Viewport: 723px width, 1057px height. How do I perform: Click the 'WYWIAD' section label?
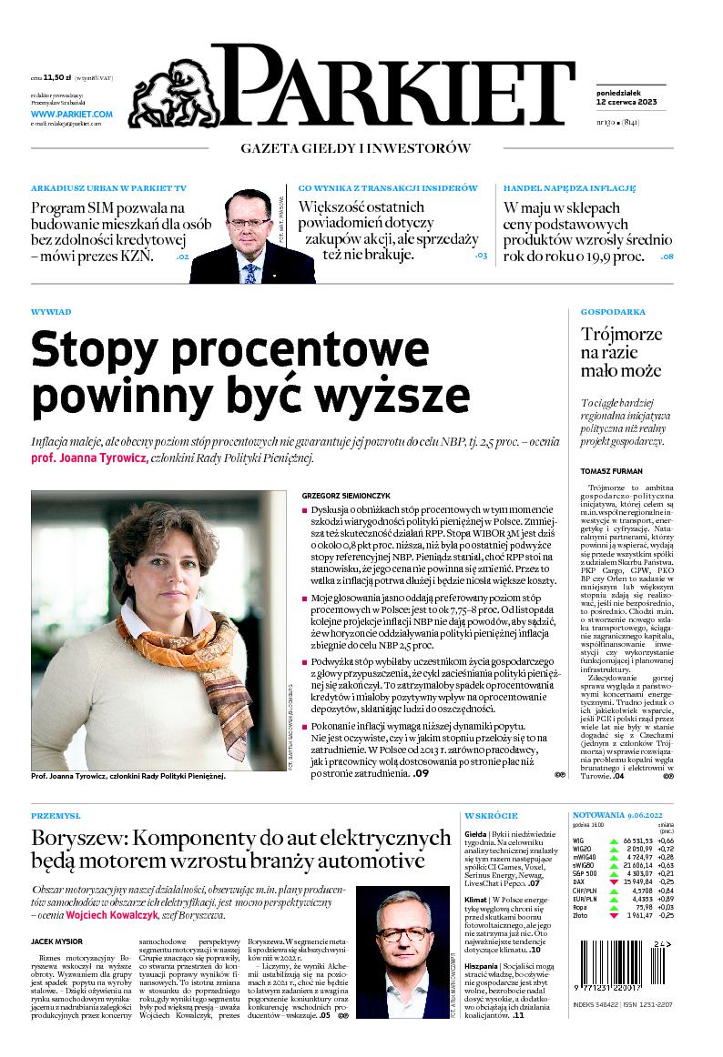pyautogui.click(x=51, y=312)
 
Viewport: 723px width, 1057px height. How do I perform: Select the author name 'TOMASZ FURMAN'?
pyautogui.click(x=611, y=471)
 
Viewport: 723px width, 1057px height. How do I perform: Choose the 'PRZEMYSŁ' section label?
pyautogui.click(x=56, y=816)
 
